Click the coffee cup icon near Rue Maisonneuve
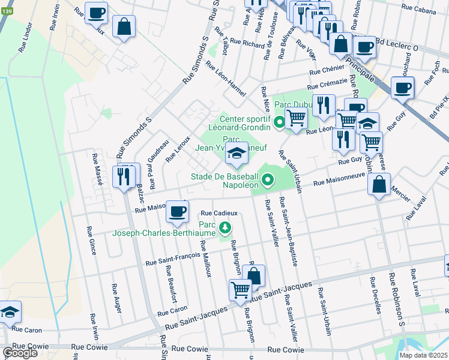(x=177, y=212)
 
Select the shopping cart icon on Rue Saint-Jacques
(x=240, y=290)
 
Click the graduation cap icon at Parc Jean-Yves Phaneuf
(x=237, y=154)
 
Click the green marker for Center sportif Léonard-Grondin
(x=279, y=124)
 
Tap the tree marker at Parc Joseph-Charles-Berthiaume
(x=225, y=227)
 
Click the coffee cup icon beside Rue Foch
(x=402, y=88)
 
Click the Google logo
(x=20, y=353)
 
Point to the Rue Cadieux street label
(x=219, y=213)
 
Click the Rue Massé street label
(x=95, y=167)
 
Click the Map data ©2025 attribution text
(x=423, y=355)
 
